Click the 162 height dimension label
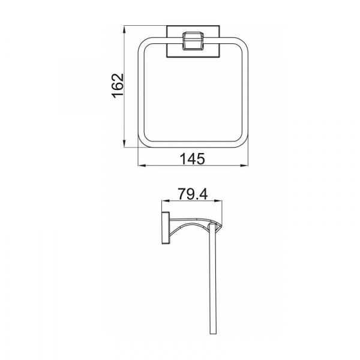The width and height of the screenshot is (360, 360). (118, 86)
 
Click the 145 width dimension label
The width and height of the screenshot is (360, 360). (192, 159)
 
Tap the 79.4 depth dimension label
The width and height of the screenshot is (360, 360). (193, 194)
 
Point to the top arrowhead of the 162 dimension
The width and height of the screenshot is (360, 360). (124, 29)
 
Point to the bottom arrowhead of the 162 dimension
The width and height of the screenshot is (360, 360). (124, 143)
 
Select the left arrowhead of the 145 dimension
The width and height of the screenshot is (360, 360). (142, 166)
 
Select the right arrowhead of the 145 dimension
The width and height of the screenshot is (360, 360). (244, 166)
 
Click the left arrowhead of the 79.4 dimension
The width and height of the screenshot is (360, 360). (166, 201)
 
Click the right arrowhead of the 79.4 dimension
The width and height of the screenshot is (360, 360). (218, 201)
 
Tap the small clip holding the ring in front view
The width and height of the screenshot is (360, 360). (193, 41)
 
